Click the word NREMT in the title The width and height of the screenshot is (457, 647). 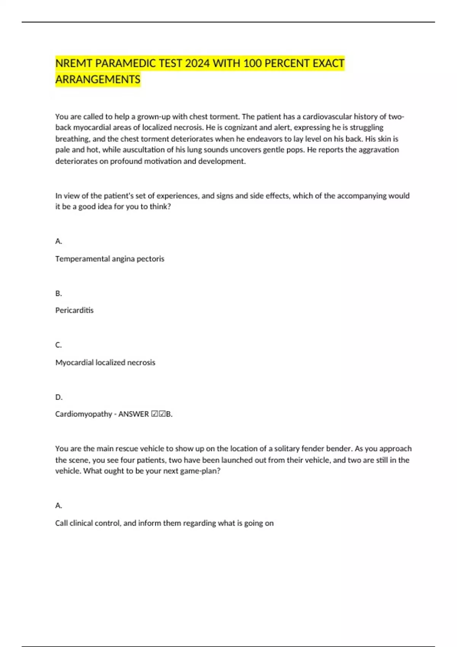pyautogui.click(x=74, y=63)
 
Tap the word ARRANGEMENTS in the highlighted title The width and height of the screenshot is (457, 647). pyautogui.click(x=98, y=80)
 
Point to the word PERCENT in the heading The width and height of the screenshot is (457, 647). pyautogui.click(x=287, y=63)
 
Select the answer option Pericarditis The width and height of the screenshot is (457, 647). pyautogui.click(x=74, y=310)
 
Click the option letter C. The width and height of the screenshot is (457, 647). pyautogui.click(x=58, y=345)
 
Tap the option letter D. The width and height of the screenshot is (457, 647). pyautogui.click(x=58, y=397)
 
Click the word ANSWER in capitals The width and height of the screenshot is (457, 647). pyautogui.click(x=133, y=414)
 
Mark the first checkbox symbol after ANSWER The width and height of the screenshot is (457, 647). pyautogui.click(x=155, y=414)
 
